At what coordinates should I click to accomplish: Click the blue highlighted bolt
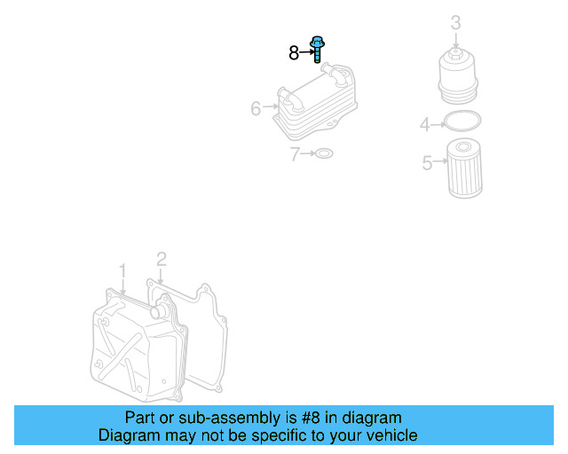pyautogui.click(x=317, y=49)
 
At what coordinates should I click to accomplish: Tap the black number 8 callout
pyautogui.click(x=294, y=53)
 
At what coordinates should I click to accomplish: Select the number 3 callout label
pyautogui.click(x=455, y=22)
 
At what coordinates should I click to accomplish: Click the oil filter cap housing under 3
pyautogui.click(x=458, y=77)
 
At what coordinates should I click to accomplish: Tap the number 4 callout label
pyautogui.click(x=424, y=124)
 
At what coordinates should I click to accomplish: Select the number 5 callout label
pyautogui.click(x=428, y=162)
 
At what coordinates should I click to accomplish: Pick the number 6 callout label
pyautogui.click(x=256, y=108)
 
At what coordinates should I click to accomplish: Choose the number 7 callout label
pyautogui.click(x=295, y=154)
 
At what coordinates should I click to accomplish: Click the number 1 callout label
pyautogui.click(x=122, y=271)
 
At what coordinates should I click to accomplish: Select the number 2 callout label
pyautogui.click(x=162, y=260)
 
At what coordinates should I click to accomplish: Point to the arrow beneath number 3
pyautogui.click(x=455, y=41)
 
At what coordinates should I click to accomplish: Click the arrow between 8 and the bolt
pyautogui.click(x=307, y=52)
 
